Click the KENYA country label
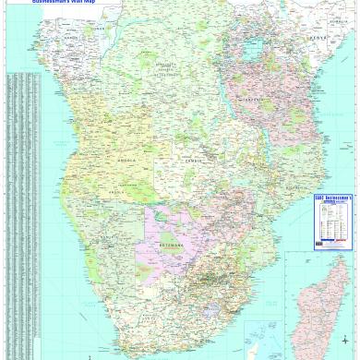point(317,38)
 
